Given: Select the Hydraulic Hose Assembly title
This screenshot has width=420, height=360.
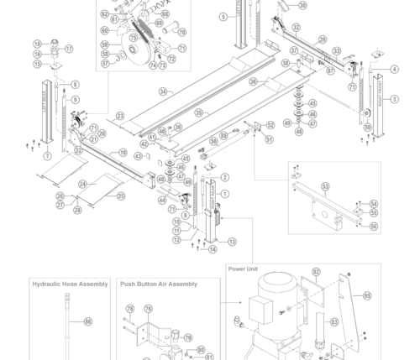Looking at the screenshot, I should pos(70,284).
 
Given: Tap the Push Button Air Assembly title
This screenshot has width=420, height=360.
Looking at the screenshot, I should pos(159,284).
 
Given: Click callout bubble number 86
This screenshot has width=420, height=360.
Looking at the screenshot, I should pos(88,321).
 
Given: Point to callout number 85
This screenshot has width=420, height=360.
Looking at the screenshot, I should pos(367,295).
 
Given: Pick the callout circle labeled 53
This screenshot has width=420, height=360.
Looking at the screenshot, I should pos(325,186).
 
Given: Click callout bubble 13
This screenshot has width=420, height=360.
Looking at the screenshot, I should pos(232,242).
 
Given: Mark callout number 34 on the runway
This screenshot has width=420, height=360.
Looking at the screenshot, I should pos(163,91).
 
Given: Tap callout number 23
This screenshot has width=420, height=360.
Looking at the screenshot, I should pos(121,116).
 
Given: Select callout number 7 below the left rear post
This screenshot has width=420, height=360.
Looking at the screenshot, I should pos(47,156).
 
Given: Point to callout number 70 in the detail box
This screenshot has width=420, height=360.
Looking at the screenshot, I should pos(181,33).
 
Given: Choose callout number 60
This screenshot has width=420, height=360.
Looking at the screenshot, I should pos(105,31).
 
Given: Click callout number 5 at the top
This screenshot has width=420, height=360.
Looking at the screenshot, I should pos(223,17).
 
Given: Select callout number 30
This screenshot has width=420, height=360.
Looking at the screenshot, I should pos(302,6).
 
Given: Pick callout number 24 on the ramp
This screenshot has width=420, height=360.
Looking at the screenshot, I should pos(82,185).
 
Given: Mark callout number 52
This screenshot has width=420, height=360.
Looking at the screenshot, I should pos(270,125).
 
